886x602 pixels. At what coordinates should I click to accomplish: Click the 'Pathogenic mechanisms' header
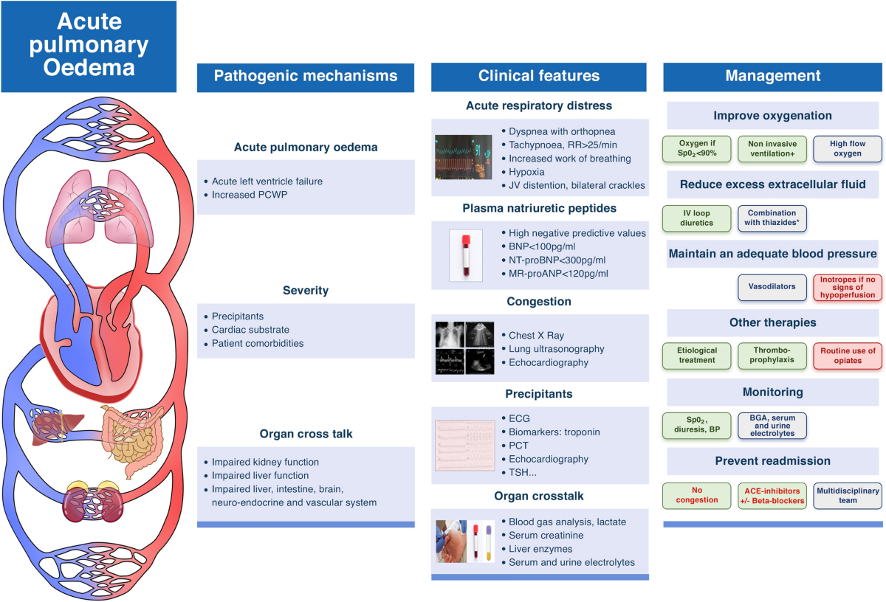click(x=306, y=76)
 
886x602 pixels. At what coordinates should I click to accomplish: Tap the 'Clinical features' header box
click(x=539, y=76)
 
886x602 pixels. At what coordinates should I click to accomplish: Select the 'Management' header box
click(x=772, y=76)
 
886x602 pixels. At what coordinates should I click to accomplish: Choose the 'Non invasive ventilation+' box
click(x=772, y=148)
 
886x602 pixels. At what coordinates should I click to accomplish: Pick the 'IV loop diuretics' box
click(x=697, y=218)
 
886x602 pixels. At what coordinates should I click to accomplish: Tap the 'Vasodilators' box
click(x=772, y=286)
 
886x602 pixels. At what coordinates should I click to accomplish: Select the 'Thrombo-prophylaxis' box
click(x=772, y=356)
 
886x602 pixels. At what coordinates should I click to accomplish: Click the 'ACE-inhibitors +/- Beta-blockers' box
click(x=772, y=494)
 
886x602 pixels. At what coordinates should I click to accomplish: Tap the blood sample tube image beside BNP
click(x=466, y=255)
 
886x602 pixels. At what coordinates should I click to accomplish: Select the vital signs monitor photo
click(x=464, y=157)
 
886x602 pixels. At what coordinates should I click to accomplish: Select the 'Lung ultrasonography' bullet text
click(x=556, y=349)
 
